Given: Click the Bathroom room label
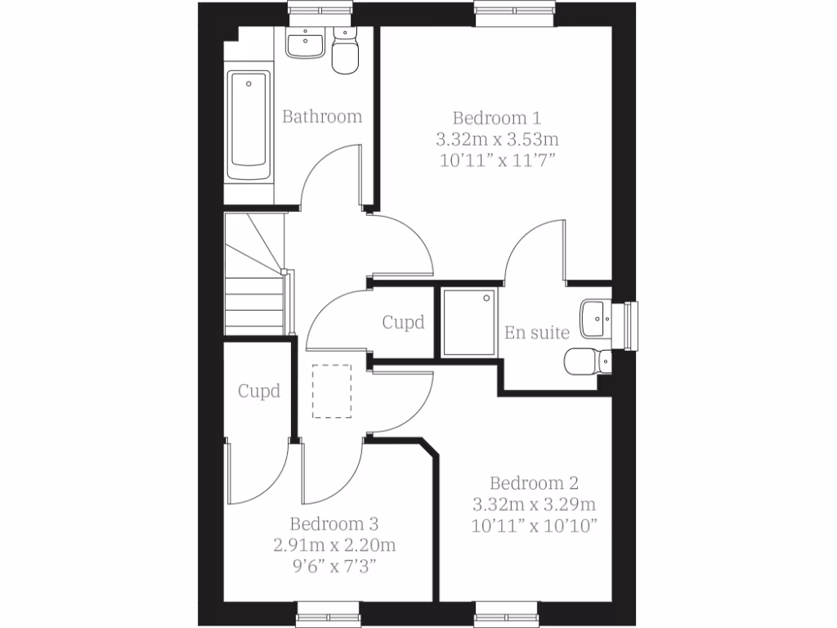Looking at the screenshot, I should [x=322, y=117].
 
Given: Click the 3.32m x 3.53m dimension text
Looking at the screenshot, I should [x=496, y=138].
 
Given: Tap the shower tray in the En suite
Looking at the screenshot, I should [x=469, y=322].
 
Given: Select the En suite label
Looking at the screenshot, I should [x=537, y=333].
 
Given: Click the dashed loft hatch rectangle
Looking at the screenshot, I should [x=332, y=391].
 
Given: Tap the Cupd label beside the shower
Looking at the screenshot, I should [x=404, y=322].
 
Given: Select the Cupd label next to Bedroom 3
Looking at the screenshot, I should [x=259, y=391].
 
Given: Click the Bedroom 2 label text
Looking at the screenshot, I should [x=533, y=482].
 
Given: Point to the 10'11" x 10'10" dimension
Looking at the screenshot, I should [x=533, y=525].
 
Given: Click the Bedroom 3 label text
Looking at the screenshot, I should [x=333, y=523].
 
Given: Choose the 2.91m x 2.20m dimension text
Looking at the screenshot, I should [x=333, y=545].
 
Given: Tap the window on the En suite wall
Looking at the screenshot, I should [x=629, y=325].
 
